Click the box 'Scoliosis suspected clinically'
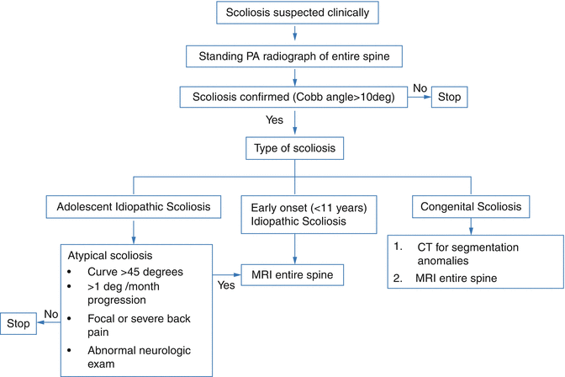point(296,14)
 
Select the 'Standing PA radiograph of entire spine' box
point(296,56)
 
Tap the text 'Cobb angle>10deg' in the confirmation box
point(344,97)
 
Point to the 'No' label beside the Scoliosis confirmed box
point(420,87)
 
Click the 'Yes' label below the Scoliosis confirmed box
point(275,120)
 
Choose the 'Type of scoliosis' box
point(296,148)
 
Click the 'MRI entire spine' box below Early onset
point(295,273)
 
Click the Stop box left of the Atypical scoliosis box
point(19,322)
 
